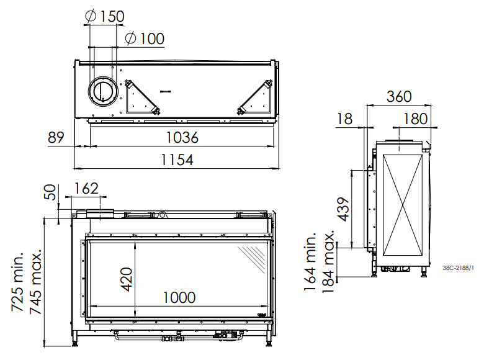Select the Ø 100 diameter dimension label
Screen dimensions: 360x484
coord(144,38)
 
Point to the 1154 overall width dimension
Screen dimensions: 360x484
coord(174,160)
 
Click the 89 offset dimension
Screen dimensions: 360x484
coord(57,137)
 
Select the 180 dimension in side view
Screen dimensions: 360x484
coord(415,119)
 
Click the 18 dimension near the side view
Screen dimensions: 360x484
coord(346,119)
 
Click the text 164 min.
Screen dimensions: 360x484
coord(311,258)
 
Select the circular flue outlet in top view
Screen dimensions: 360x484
coord(101,91)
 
